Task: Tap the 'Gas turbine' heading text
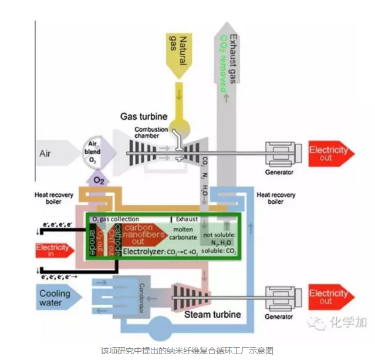pos(144,116)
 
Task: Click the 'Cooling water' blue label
pos(55,298)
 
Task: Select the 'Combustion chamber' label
pos(151,133)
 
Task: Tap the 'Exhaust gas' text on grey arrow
pos(233,59)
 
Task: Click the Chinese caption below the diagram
pos(187,349)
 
